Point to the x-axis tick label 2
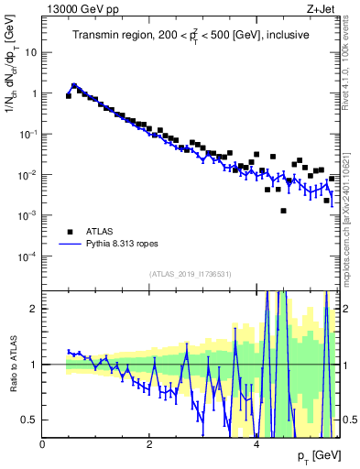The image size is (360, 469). coord(149,444)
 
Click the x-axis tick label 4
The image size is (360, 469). coord(256,444)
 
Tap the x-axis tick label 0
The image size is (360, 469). coord(43,444)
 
